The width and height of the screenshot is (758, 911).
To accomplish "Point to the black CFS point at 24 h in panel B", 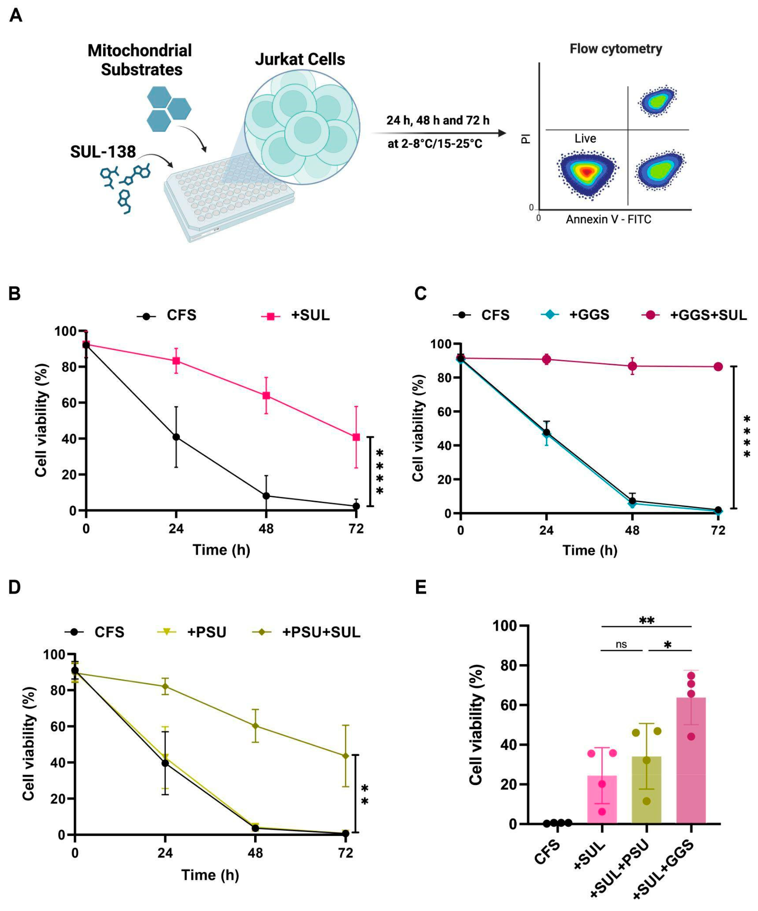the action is pos(176,437).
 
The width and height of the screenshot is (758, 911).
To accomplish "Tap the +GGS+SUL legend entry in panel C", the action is pos(694,315).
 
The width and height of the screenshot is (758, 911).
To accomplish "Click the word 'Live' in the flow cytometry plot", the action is pos(585,138).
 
